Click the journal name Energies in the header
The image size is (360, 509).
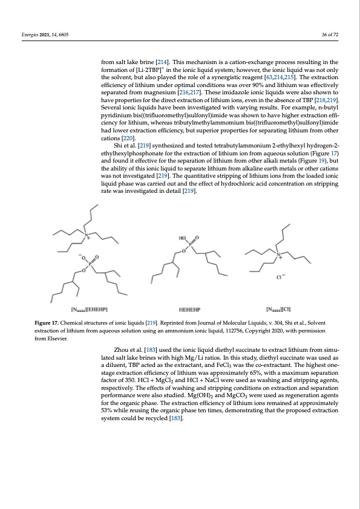click(27, 34)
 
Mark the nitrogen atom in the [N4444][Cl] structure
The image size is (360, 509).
click(280, 254)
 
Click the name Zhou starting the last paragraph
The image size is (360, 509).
click(123, 349)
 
